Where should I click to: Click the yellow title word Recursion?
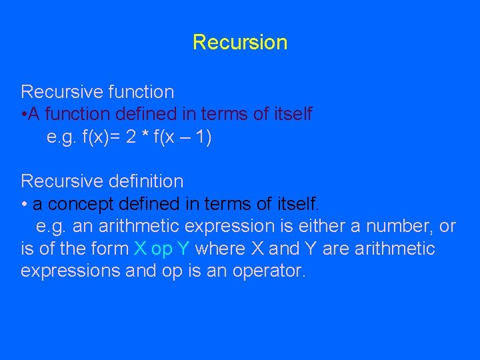pyautogui.click(x=240, y=43)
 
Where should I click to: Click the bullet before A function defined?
pyautogui.click(x=24, y=115)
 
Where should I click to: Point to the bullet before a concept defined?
pyautogui.click(x=24, y=204)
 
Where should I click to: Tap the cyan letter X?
pyautogui.click(x=139, y=249)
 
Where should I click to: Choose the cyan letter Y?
pyautogui.click(x=183, y=249)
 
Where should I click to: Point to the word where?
pyautogui.click(x=220, y=249)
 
